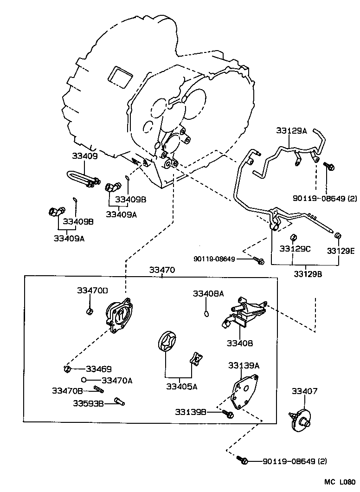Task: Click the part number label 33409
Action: [x=84, y=156]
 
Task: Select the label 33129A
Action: [x=291, y=131]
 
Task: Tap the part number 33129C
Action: [x=295, y=249]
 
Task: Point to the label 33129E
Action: [x=340, y=251]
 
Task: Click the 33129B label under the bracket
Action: [x=307, y=274]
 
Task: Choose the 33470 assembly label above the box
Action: [x=162, y=270]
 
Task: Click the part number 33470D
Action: [x=92, y=290]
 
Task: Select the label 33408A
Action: [x=208, y=293]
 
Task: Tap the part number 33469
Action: [x=98, y=369]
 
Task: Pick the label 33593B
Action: [x=88, y=403]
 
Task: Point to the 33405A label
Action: [x=182, y=386]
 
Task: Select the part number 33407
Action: [x=304, y=391]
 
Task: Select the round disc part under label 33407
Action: [x=302, y=420]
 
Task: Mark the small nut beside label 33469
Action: [x=67, y=369]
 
